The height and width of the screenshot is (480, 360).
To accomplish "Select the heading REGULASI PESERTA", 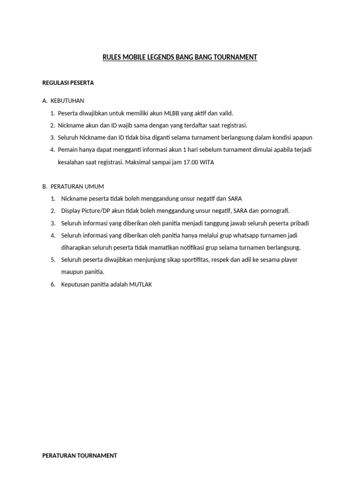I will tap(68, 83).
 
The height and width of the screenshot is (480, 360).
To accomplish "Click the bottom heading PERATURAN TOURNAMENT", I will tap(80, 455).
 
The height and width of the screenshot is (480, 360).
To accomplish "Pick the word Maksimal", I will tap(140, 162).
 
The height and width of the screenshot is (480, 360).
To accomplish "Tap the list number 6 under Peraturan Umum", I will tap(53, 284).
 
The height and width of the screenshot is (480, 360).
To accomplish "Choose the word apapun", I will tap(302, 137).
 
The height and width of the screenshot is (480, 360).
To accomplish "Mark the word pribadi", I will tap(299, 223).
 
